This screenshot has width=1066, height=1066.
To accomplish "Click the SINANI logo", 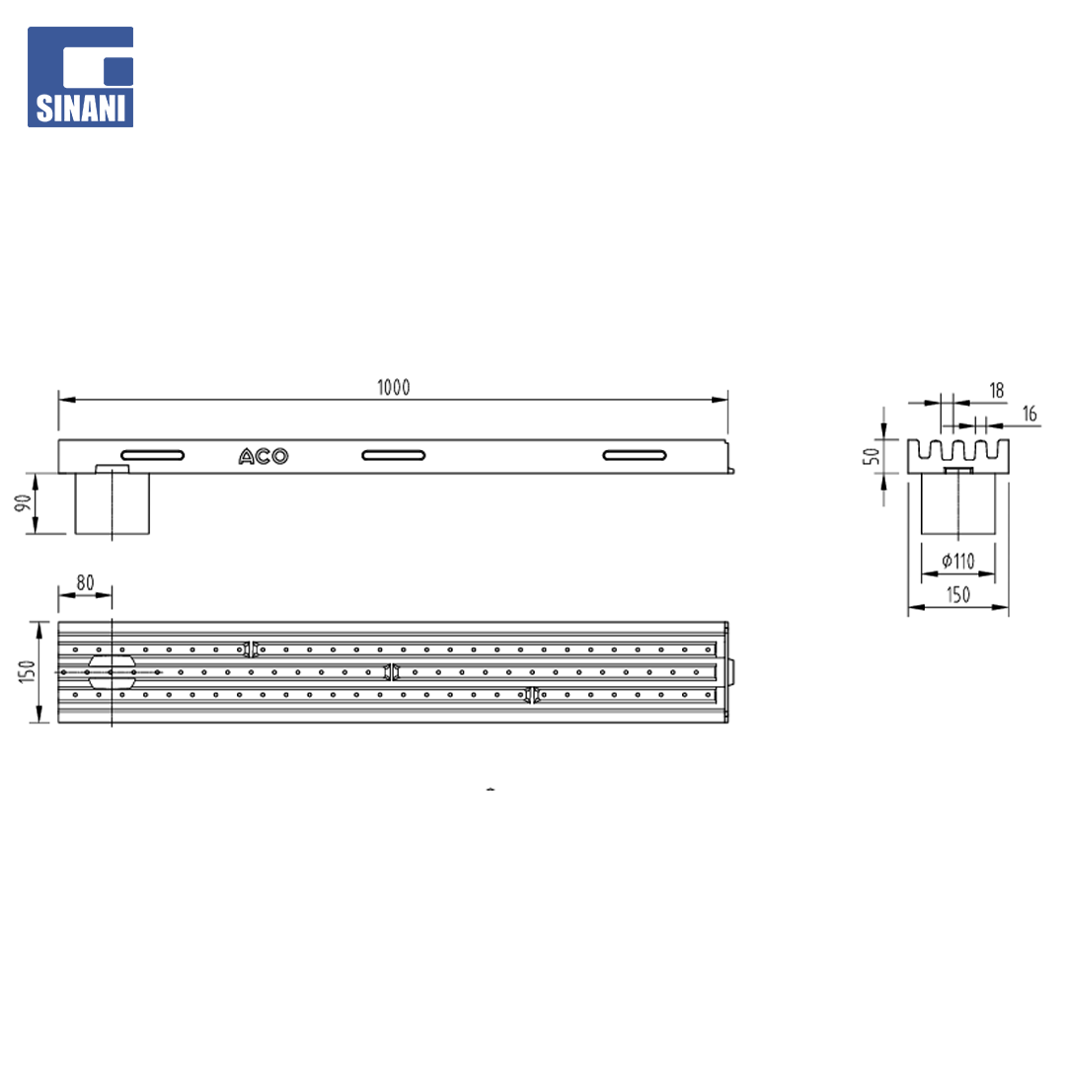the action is click(x=80, y=77).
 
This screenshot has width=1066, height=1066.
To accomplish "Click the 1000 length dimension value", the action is click(x=394, y=388).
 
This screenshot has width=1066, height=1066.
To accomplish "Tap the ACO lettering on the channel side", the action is click(x=264, y=456).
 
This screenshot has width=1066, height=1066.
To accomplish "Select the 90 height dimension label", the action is click(x=23, y=503).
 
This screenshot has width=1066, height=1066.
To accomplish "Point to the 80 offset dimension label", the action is click(x=85, y=582).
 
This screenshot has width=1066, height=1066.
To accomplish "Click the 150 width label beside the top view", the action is click(x=27, y=672).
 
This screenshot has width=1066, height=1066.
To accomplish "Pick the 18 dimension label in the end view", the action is click(x=997, y=390).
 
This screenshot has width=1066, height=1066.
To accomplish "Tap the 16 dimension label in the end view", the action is click(x=1029, y=414).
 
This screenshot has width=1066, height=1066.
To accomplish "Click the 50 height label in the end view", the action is click(x=871, y=456).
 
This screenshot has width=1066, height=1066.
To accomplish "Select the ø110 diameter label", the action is click(x=957, y=561).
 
